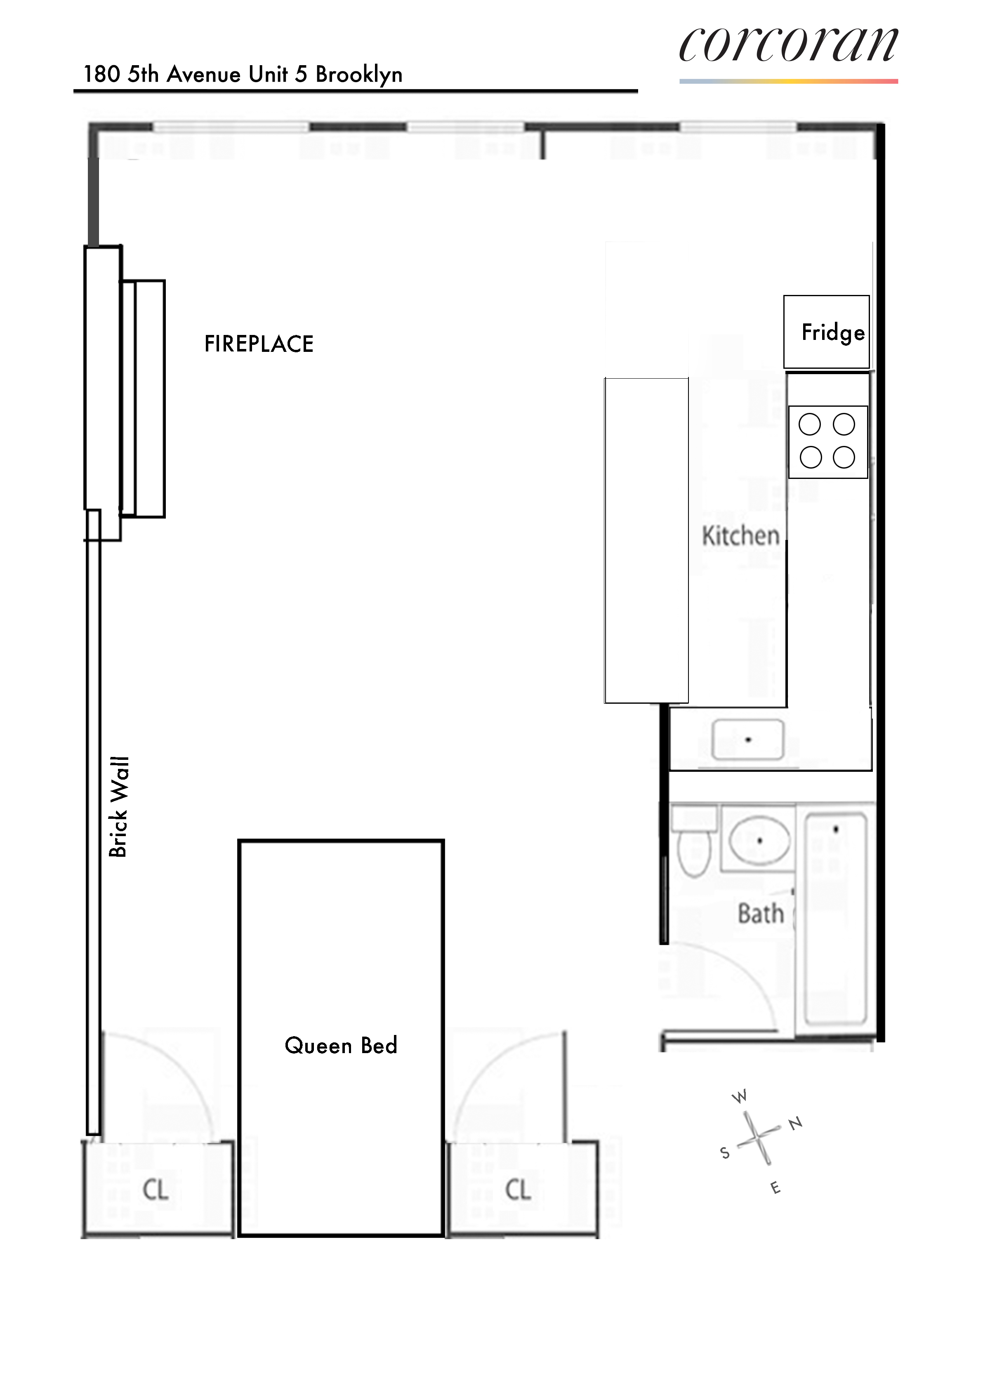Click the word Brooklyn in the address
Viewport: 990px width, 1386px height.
click(358, 74)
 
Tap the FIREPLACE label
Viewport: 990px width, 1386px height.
click(259, 344)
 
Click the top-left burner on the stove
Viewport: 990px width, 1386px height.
click(810, 424)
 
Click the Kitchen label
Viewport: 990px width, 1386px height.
click(741, 536)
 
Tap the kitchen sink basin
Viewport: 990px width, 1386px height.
click(748, 740)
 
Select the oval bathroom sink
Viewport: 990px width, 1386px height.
click(759, 841)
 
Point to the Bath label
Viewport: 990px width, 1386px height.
click(760, 914)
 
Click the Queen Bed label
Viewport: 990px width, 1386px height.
click(341, 1045)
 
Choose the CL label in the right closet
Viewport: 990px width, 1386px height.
click(518, 1189)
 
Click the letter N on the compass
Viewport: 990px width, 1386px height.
click(796, 1123)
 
